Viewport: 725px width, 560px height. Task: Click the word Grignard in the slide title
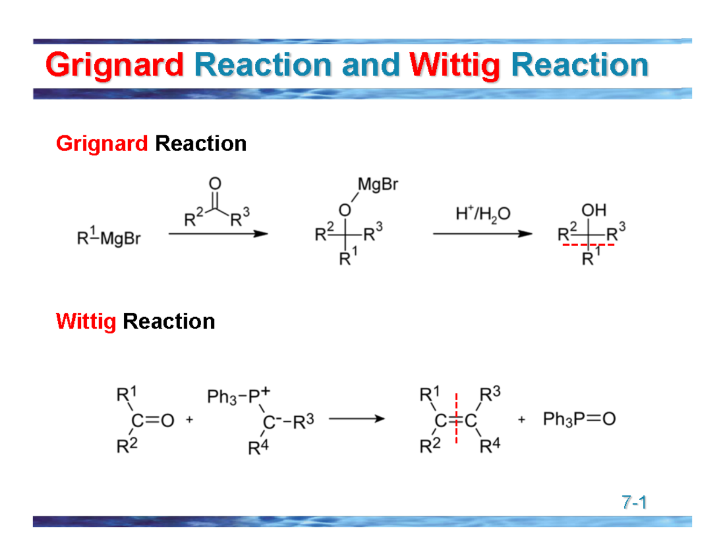tap(114, 65)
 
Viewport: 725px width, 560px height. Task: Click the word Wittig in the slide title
tap(454, 65)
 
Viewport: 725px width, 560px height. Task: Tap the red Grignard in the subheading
tap(101, 144)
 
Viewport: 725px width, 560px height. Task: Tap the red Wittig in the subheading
tap(85, 321)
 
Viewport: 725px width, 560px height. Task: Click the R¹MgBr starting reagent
tap(109, 239)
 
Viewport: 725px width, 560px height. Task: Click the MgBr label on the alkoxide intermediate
tap(378, 184)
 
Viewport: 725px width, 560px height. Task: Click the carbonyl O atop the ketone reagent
tap(215, 182)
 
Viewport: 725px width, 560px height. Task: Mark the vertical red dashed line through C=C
tap(456, 419)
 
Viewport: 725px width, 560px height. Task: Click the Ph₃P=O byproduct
tap(579, 419)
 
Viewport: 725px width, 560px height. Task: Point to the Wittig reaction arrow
tap(356, 419)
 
